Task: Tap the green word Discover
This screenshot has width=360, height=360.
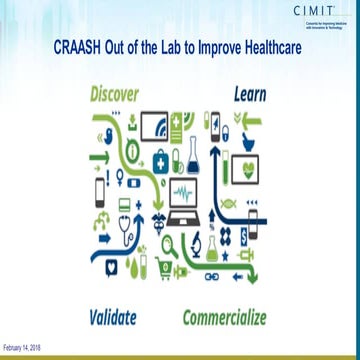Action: pos(115,94)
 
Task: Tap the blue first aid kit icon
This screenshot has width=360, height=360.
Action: pos(160,158)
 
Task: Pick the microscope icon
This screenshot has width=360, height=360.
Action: pos(198,241)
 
